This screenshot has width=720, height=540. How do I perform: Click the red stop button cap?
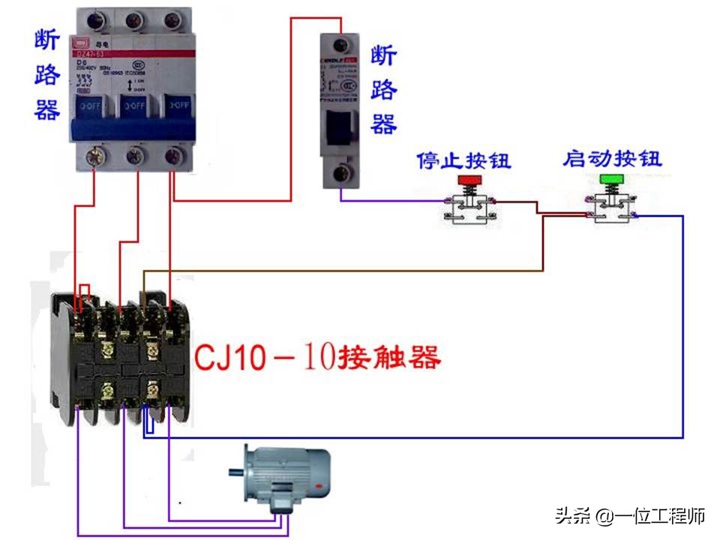[470, 180]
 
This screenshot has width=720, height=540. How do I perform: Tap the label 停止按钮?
[463, 160]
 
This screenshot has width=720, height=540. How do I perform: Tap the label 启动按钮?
[613, 159]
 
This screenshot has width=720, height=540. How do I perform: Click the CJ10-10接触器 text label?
[317, 357]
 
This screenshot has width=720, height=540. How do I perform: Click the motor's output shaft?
[235, 471]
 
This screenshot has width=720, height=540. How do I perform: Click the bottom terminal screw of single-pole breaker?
[343, 174]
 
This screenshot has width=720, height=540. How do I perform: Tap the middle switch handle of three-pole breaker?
[135, 106]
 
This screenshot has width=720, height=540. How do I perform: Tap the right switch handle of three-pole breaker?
[177, 106]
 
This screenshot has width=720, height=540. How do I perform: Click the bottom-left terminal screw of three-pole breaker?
[95, 155]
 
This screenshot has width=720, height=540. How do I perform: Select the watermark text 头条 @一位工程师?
[630, 516]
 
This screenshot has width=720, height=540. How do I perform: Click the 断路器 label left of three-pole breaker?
[46, 75]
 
